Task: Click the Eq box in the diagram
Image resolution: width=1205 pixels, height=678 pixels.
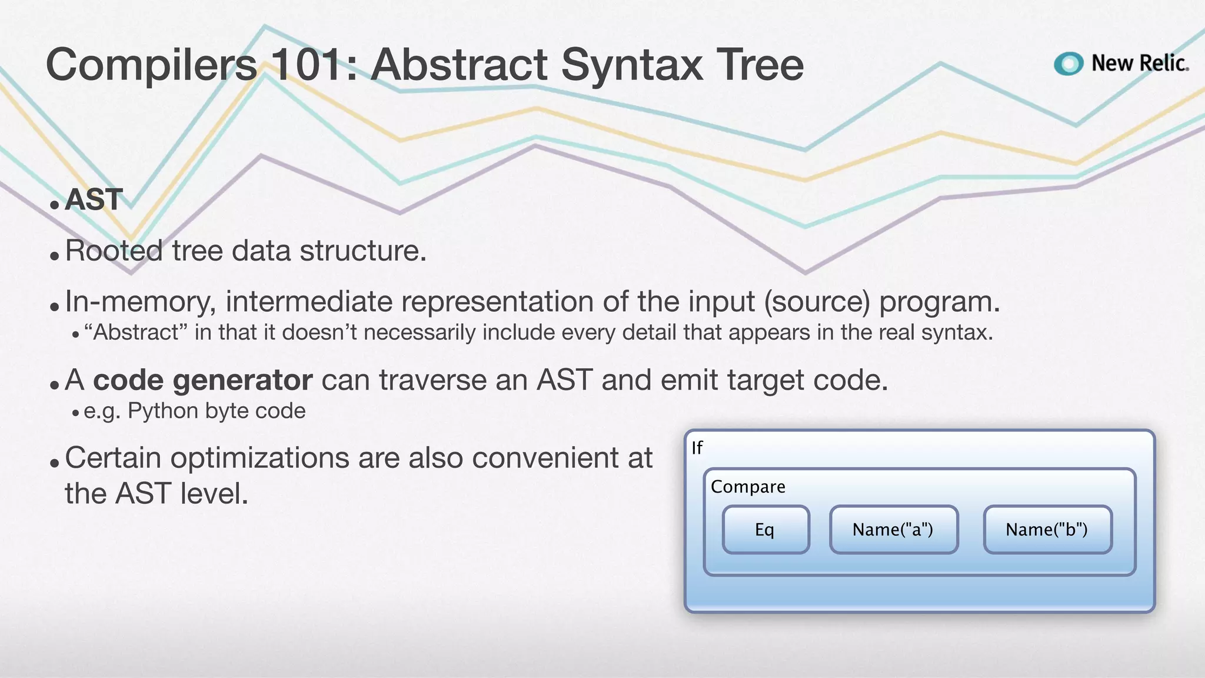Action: [x=765, y=530]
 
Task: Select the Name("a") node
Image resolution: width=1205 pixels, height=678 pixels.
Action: [x=893, y=530]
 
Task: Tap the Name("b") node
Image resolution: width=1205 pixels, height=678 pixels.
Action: [x=1047, y=530]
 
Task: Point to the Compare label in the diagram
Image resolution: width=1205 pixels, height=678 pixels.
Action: [x=748, y=487]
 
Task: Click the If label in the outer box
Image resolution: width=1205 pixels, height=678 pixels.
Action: [x=697, y=448]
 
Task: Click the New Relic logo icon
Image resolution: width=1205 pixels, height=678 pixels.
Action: [x=1068, y=64]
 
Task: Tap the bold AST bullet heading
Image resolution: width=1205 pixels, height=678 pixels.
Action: [x=94, y=199]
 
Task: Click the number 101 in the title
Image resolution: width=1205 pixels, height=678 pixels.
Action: [x=306, y=65]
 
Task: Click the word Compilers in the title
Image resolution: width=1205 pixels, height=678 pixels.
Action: [x=151, y=65]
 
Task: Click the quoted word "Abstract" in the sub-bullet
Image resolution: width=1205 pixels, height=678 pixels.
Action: [x=135, y=333]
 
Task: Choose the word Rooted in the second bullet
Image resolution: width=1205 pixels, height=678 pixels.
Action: [x=114, y=251]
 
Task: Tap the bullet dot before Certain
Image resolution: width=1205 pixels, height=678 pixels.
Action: [x=55, y=463]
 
